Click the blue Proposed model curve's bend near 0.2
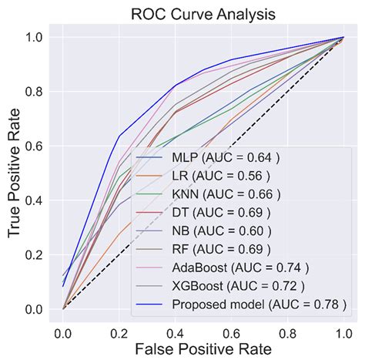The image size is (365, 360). coord(120,136)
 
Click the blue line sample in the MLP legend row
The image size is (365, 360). coord(151,159)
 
